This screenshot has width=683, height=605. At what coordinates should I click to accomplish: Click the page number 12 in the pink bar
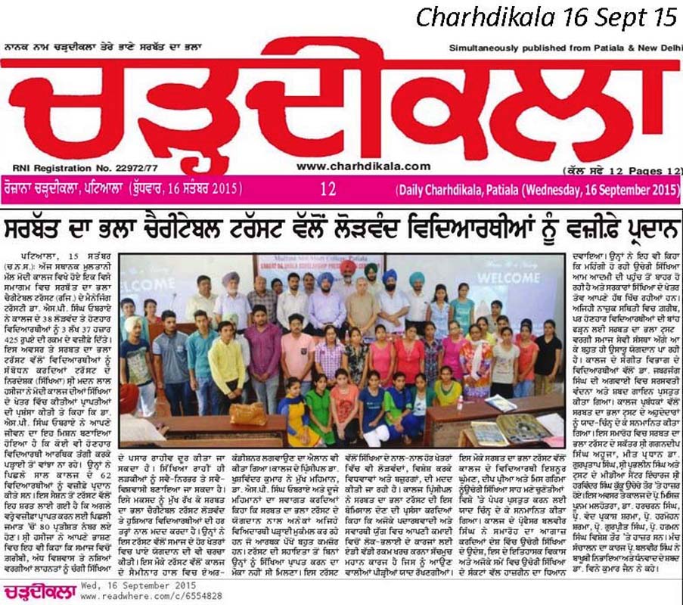pos(328,188)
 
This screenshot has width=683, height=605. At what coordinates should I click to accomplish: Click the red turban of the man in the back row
pos(347,266)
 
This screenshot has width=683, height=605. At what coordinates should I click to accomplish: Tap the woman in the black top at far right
pos(548,352)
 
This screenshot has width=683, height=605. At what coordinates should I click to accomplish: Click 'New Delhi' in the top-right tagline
pos(660,47)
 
